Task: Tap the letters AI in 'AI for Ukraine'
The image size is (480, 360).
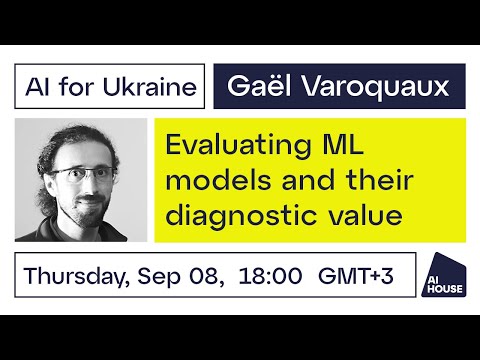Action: pyautogui.click(x=40, y=87)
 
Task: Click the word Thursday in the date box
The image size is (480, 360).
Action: pyautogui.click(x=80, y=275)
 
